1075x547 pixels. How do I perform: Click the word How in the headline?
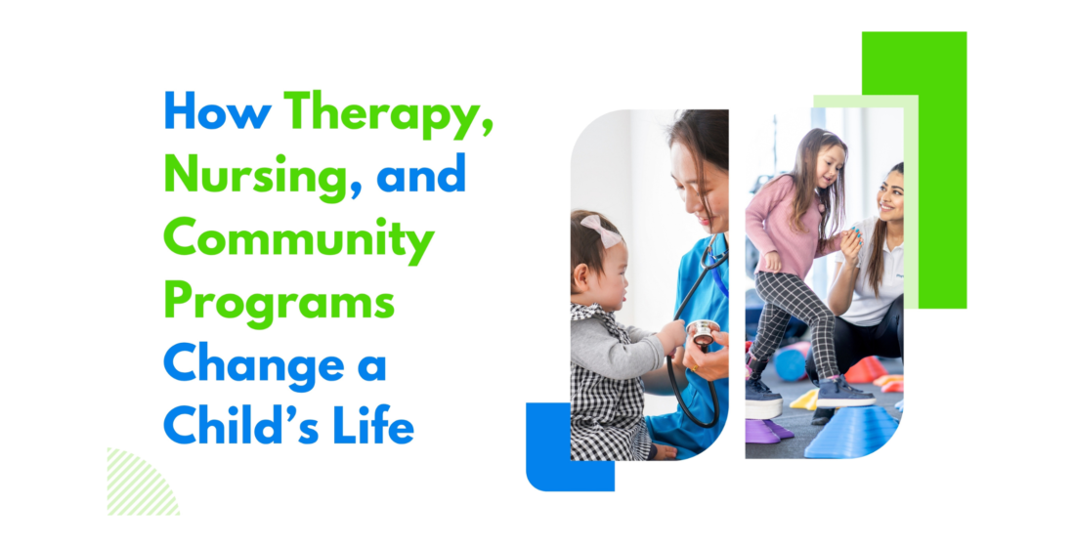pyautogui.click(x=218, y=113)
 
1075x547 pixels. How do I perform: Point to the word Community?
pyautogui.click(x=298, y=240)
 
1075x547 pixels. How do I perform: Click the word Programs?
pyautogui.click(x=279, y=304)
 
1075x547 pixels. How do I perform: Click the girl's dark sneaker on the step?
pyautogui.click(x=843, y=393)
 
